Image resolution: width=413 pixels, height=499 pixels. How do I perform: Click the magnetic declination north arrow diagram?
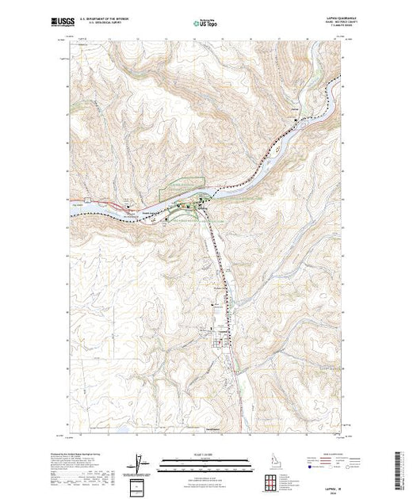(x=139, y=463)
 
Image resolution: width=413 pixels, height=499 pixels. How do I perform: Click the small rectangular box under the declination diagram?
(x=140, y=485)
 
